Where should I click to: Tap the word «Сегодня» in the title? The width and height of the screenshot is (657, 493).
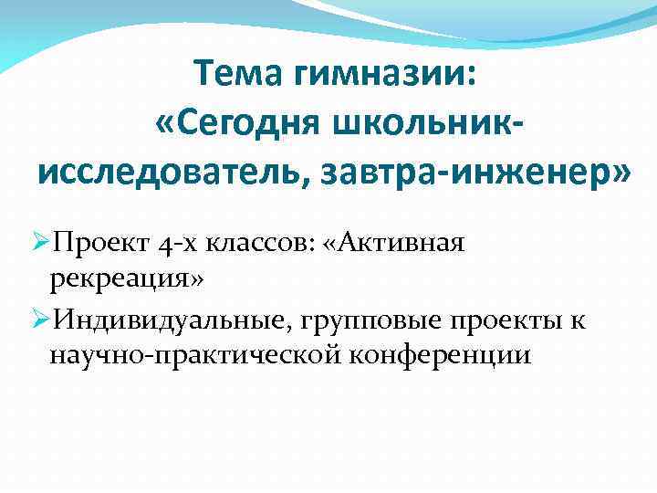click(263, 122)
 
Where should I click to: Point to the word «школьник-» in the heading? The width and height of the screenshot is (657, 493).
click(436, 122)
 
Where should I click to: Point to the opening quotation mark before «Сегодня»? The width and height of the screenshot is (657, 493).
click(167, 122)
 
